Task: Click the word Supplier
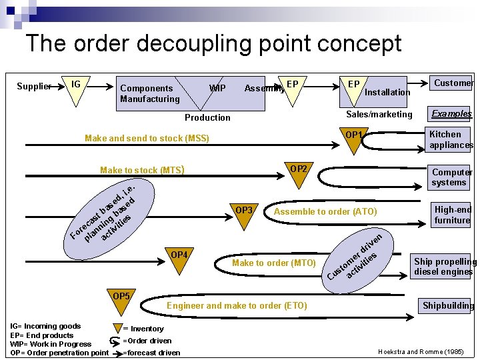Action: [x=34, y=86]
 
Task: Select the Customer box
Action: [x=453, y=83]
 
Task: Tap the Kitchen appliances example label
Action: [x=451, y=139]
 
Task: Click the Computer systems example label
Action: [x=451, y=177]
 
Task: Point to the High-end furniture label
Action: [x=453, y=215]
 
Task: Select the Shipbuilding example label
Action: [x=447, y=306]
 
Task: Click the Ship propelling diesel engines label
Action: [x=445, y=266]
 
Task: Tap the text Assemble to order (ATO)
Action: [x=325, y=212]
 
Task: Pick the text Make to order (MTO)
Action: [x=273, y=263]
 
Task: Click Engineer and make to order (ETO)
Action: [x=237, y=305]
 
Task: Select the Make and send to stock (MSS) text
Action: [x=147, y=139]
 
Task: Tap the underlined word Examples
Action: [x=451, y=113]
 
